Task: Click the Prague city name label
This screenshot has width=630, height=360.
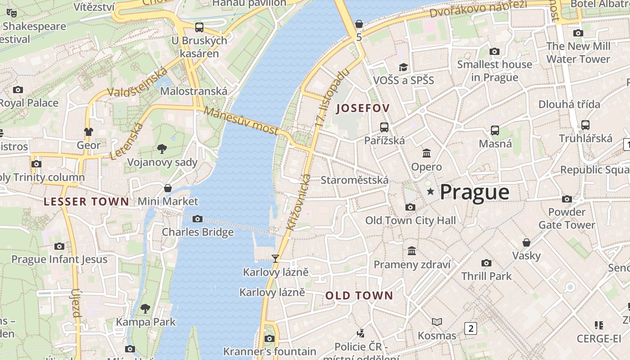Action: coord(474,192)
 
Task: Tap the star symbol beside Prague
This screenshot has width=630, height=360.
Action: coord(431,192)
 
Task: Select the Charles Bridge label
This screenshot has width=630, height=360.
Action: coord(198,232)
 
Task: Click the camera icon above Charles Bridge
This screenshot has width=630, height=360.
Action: coord(197,219)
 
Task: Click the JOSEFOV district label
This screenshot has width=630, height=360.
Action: coord(363,108)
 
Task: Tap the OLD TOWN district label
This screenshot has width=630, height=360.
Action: coord(359,296)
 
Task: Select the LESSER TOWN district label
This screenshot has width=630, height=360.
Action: coord(86,202)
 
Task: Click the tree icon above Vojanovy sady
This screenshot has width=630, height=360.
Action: coord(162,149)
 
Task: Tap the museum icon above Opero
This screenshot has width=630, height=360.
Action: coord(427,153)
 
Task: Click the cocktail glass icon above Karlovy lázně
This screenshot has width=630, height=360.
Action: coord(275,259)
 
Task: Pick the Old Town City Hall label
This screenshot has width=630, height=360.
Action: coord(410,220)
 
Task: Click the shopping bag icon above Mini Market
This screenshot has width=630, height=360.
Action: coord(168,188)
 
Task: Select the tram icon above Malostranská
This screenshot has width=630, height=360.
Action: coord(199,27)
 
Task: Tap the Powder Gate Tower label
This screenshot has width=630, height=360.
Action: coord(567,218)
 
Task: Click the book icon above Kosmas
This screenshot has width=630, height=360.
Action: coord(436,322)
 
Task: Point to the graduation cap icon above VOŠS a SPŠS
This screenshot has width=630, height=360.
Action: coord(403,67)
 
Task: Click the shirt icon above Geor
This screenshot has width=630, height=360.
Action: coord(89,132)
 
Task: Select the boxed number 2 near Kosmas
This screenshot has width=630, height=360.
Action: coord(471,328)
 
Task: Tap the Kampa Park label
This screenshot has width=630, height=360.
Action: coord(146,322)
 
